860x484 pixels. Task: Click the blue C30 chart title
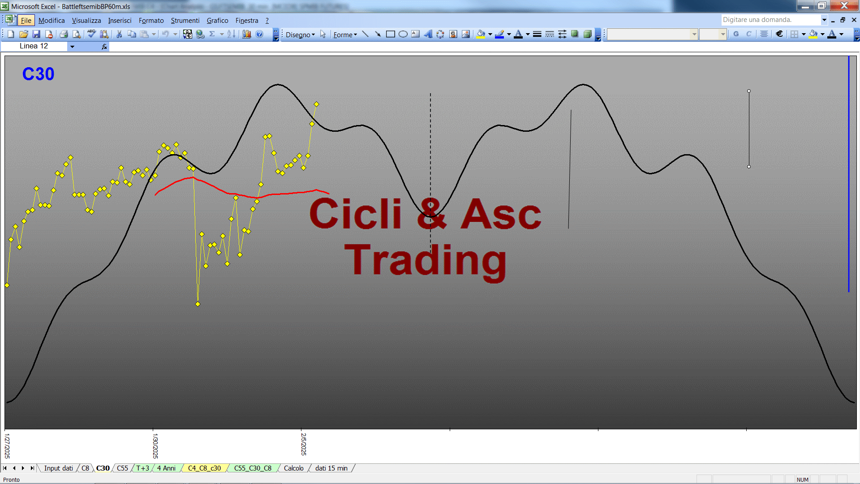pos(38,74)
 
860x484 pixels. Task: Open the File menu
pos(26,21)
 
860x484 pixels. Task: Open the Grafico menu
pos(217,21)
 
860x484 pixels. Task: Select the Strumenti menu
pos(185,21)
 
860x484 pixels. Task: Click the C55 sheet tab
pos(122,468)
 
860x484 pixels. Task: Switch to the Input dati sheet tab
pos(58,468)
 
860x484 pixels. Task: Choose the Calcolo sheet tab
pos(293,468)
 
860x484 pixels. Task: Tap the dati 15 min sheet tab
pos(331,468)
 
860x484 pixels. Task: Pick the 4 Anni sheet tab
pos(166,468)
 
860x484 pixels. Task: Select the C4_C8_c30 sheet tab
pos(204,468)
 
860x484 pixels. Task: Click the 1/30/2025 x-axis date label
pos(155,445)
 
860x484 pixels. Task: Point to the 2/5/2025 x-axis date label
pos(303,444)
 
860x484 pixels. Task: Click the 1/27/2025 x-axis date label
pos(7,445)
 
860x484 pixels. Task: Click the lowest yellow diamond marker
pos(198,304)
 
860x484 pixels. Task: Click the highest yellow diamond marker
pos(316,104)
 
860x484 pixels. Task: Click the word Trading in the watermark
pos(426,261)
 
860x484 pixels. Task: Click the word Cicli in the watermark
pos(356,214)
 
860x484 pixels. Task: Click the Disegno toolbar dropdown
pos(300,35)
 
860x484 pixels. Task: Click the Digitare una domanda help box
pos(770,20)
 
